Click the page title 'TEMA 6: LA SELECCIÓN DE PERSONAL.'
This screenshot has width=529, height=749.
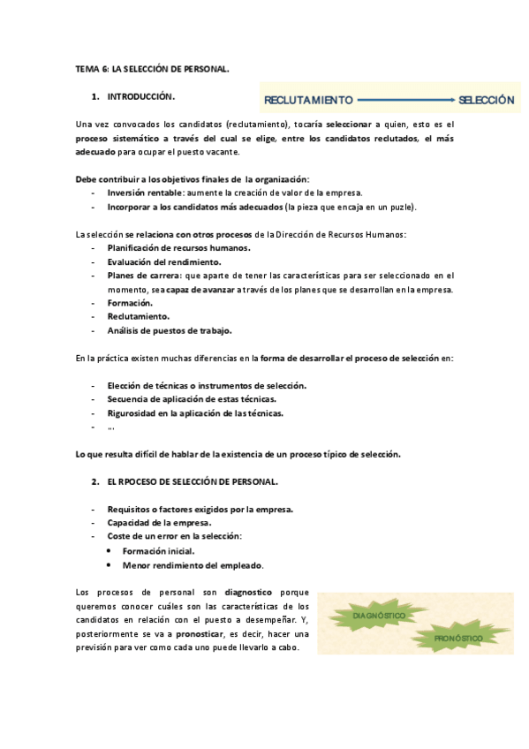coord(152,68)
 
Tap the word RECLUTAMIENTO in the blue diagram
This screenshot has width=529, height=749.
coord(308,101)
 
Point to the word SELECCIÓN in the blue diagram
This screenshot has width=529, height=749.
coord(486,101)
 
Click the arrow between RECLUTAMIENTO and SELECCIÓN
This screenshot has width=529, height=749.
coord(406,101)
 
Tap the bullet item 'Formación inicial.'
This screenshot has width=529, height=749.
coord(158,550)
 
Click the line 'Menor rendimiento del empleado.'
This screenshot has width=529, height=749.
coord(193,564)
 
